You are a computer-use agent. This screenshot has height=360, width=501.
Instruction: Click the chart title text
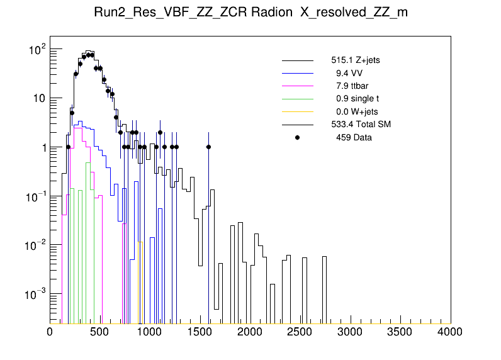[x=250, y=13]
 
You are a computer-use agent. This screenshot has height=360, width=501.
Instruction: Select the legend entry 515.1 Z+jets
[x=355, y=61]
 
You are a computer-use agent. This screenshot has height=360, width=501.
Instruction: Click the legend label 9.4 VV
[x=349, y=74]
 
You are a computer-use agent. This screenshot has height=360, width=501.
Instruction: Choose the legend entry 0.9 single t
[x=357, y=99]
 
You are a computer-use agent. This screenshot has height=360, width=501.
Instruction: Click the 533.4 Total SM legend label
[x=361, y=125]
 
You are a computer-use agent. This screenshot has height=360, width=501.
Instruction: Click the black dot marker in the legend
[x=298, y=137]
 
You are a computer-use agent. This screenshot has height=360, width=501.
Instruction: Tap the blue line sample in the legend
[x=298, y=74]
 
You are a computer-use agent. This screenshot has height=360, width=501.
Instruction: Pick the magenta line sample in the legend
[x=298, y=86]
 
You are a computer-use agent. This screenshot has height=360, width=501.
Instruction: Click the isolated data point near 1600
[x=209, y=147]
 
